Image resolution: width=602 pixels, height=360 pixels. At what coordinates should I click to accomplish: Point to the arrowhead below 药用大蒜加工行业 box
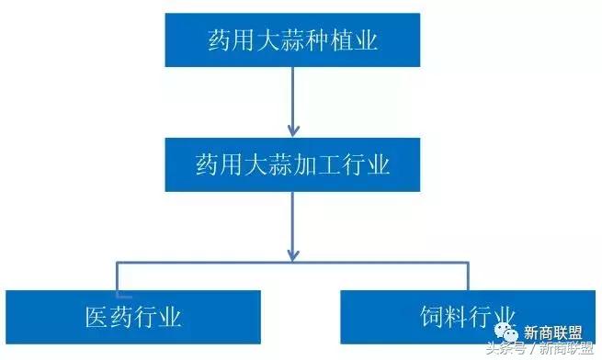293,250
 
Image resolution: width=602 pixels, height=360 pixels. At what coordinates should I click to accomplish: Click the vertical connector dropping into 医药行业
117,276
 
